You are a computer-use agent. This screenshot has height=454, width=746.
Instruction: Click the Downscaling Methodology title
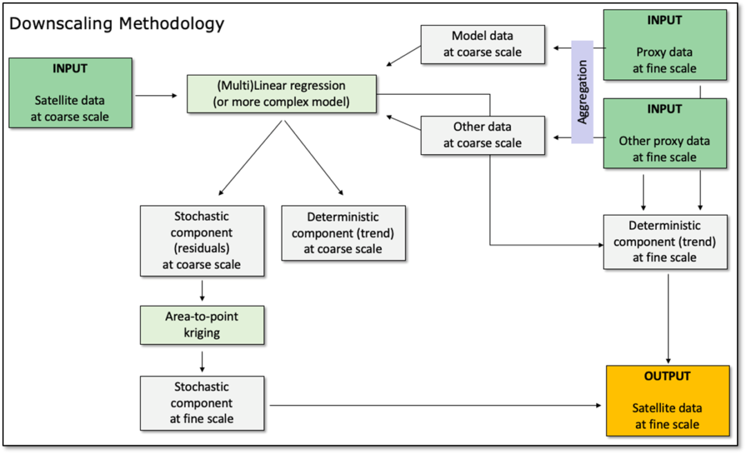click(x=117, y=23)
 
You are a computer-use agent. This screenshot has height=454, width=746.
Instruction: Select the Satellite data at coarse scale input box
click(x=70, y=93)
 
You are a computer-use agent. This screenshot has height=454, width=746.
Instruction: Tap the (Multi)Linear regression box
click(x=282, y=94)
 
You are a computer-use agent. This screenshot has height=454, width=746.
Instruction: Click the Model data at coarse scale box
click(x=482, y=44)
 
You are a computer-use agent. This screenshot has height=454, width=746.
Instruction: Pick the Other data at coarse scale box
click(x=482, y=135)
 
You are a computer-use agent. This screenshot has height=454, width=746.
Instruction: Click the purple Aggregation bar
click(x=582, y=92)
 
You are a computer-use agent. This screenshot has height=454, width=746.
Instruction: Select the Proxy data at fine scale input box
click(x=664, y=45)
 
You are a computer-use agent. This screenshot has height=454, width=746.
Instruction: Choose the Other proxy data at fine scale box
click(x=664, y=133)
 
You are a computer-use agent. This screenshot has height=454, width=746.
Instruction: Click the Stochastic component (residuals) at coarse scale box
click(x=202, y=240)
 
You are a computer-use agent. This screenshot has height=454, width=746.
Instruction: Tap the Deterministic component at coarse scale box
click(x=343, y=233)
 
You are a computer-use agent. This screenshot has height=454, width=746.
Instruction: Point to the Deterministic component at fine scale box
click(x=665, y=242)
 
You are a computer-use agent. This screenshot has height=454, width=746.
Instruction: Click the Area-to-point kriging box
click(x=202, y=325)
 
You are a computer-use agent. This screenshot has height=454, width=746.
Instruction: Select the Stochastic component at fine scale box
click(x=202, y=403)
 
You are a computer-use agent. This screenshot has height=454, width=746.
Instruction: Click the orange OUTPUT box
click(x=667, y=401)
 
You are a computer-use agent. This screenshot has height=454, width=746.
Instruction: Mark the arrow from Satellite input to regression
click(x=156, y=95)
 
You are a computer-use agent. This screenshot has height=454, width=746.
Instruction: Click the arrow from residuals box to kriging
click(x=202, y=291)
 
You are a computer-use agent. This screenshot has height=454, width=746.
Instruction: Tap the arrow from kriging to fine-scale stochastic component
click(x=202, y=361)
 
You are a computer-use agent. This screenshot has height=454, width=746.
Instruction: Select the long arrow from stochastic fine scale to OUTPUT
click(x=435, y=406)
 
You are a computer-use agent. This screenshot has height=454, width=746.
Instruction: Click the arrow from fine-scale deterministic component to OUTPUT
click(x=669, y=319)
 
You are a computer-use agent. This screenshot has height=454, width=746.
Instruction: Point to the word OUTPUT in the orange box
click(x=667, y=376)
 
